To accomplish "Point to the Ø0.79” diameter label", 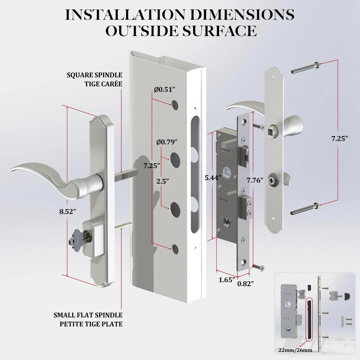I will point(166,142).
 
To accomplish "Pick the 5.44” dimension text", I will point(213,178).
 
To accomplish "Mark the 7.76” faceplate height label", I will point(255,180).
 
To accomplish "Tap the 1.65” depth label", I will point(226,279).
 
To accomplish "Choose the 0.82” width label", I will point(245,283).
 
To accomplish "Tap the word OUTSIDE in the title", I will point(141,30).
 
